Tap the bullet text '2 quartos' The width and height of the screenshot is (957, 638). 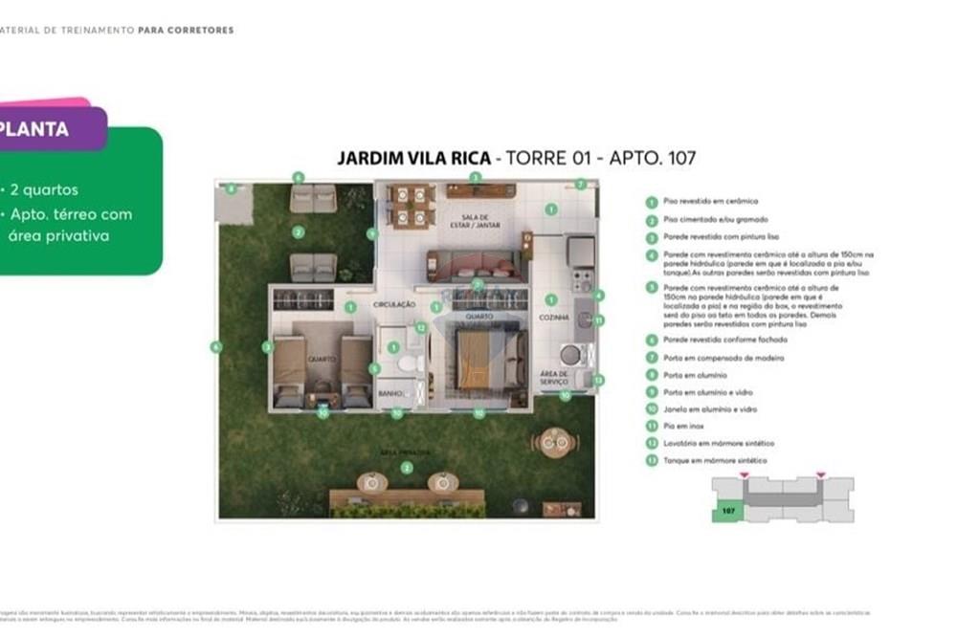pos(44,189)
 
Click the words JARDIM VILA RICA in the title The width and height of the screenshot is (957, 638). pos(413,158)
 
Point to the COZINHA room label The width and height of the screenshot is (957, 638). pos(554,317)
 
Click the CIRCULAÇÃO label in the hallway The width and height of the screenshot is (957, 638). pos(393,304)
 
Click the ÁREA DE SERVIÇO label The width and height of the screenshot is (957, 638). pos(554,378)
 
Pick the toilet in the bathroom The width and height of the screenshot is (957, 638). pos(408,363)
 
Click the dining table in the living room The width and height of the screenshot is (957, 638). pos(412,206)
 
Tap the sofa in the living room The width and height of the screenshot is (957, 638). pos(475,264)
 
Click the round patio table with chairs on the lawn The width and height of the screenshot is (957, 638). pos(554,442)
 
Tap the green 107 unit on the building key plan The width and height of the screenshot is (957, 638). pos(727,512)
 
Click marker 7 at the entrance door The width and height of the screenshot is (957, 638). pos(581,184)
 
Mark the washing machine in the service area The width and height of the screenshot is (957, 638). pos(571,355)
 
